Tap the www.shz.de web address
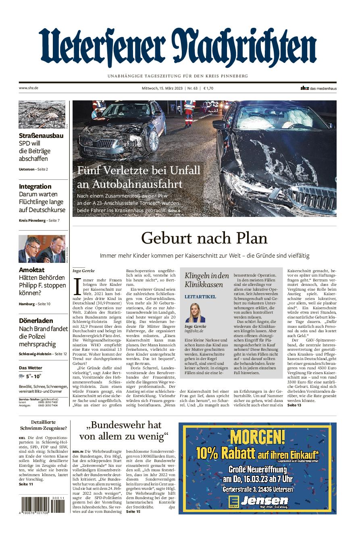point(28,88)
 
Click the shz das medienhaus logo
point(318,88)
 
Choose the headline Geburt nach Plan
point(204,238)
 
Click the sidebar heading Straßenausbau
point(41,136)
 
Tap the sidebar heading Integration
point(35,186)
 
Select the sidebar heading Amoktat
point(32,270)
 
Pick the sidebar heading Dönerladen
point(36,321)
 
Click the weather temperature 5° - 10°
point(34,376)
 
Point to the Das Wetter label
point(31,368)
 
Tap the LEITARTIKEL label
point(200,297)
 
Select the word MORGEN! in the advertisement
point(258,437)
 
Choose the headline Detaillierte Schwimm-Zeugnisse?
point(43,425)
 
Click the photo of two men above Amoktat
point(42,249)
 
